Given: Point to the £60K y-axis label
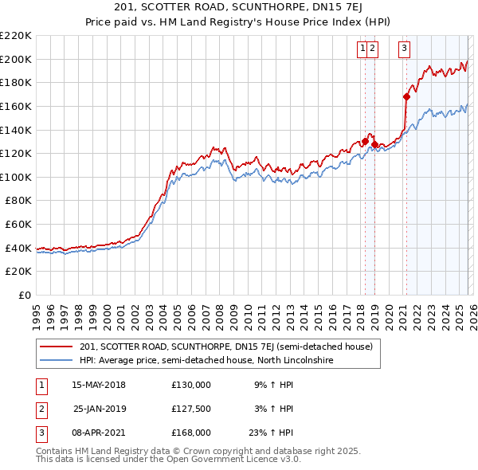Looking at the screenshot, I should coord(18,225).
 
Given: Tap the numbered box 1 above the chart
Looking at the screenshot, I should coord(363,49).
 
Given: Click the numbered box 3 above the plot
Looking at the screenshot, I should coord(405,49).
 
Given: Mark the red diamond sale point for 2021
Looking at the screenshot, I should coord(406,97).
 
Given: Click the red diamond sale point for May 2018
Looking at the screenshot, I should coord(365,142).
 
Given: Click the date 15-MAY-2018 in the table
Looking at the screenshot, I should coord(99,385).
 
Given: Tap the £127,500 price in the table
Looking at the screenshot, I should coord(191,409).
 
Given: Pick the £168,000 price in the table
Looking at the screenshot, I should coord(191,433).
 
